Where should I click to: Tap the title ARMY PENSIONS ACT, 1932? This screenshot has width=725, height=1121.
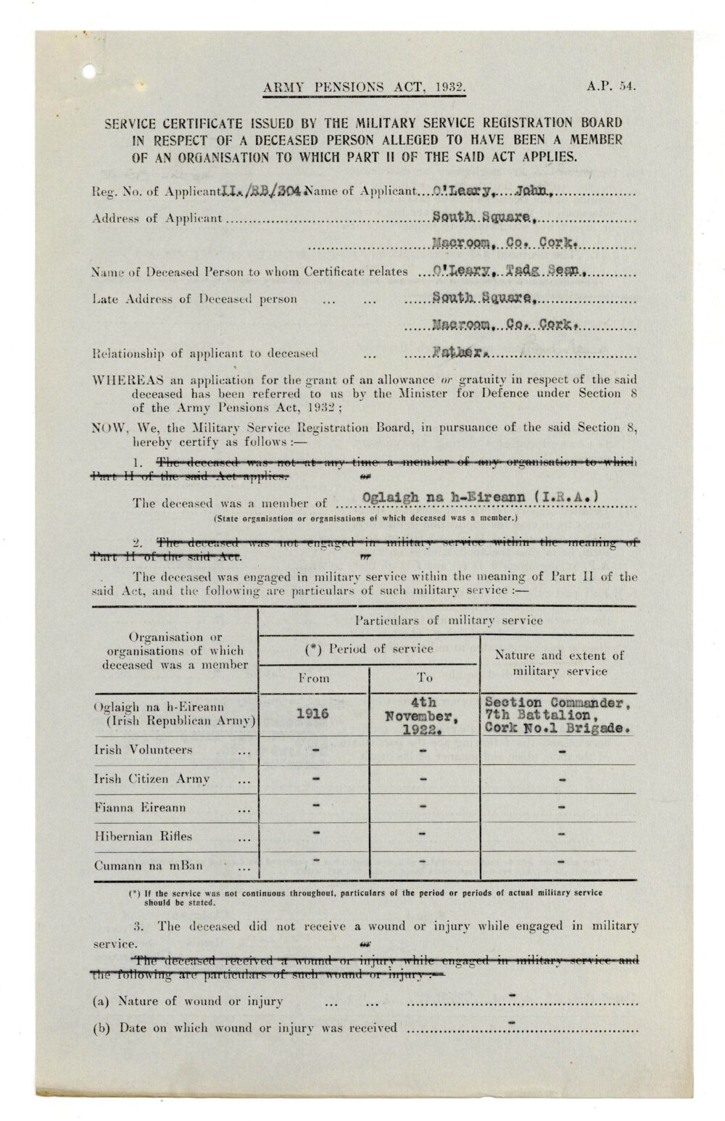[x=364, y=88]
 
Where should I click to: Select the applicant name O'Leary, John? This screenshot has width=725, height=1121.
[x=494, y=191]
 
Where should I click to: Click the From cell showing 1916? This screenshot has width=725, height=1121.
[x=313, y=713]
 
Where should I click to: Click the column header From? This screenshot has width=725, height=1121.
[x=313, y=678]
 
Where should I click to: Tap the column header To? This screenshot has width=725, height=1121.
[x=424, y=678]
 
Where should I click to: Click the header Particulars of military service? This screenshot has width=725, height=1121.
[x=447, y=620]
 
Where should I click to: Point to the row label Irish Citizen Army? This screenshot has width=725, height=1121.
[x=152, y=779]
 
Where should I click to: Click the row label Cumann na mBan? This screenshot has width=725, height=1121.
[x=148, y=865]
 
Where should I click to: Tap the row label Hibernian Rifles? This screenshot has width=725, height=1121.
[x=143, y=836]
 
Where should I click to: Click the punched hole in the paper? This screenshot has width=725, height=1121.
[x=89, y=71]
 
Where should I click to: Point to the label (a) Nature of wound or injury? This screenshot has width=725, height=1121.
[x=188, y=1001]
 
